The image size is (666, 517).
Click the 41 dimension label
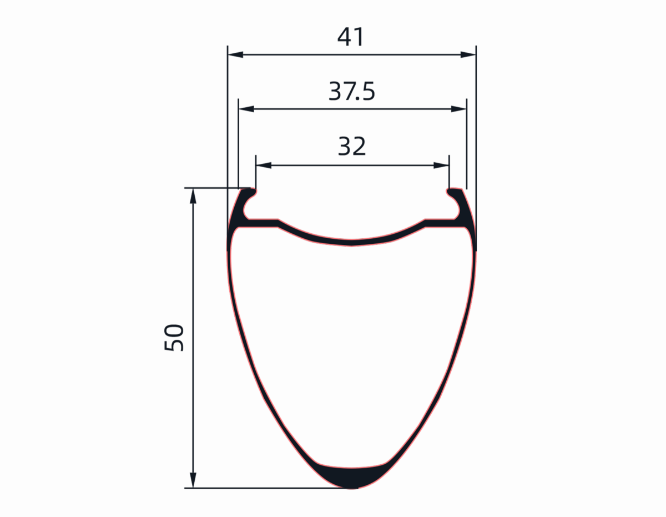[350, 37]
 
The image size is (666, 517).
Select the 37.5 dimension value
[351, 91]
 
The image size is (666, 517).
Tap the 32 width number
[352, 146]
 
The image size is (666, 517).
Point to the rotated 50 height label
[174, 337]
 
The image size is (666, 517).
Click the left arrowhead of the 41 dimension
[235, 55]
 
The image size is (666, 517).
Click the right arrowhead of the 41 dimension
[468, 55]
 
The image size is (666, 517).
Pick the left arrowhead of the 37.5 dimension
[246, 109]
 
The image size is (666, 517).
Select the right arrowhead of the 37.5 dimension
[458, 109]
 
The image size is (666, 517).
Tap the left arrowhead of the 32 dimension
[264, 165]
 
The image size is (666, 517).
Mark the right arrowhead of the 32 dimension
[441, 165]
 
